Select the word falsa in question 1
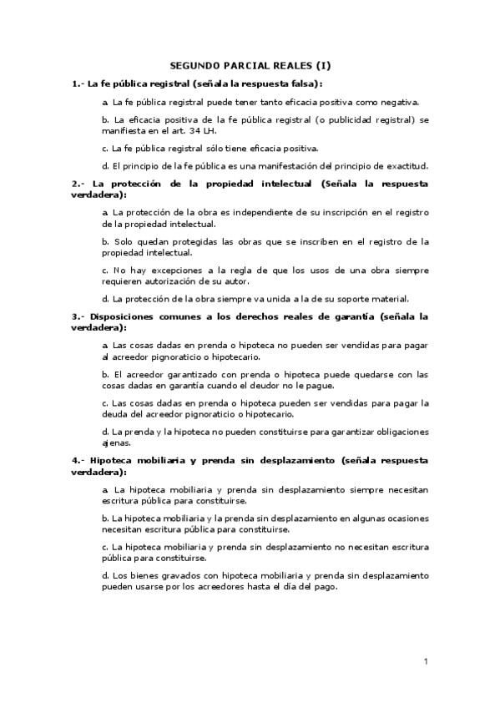(304, 83)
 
